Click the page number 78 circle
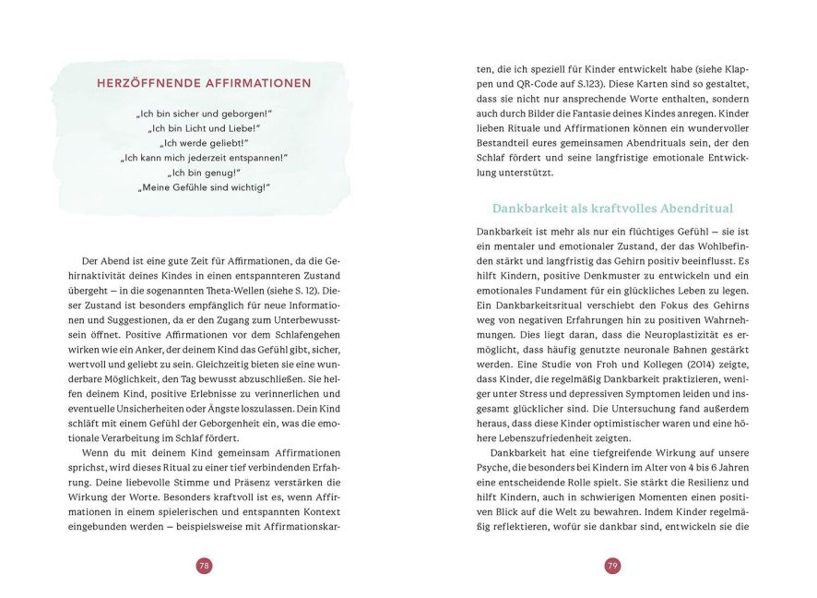[204, 566]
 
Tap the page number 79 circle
[612, 566]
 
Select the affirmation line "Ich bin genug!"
[204, 173]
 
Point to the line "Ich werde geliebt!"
[204, 143]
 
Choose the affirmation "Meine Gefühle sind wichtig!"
[204, 187]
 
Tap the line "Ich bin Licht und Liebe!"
[204, 128]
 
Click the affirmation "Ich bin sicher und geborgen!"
[204, 114]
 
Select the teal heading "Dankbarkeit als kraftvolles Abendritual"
[612, 209]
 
